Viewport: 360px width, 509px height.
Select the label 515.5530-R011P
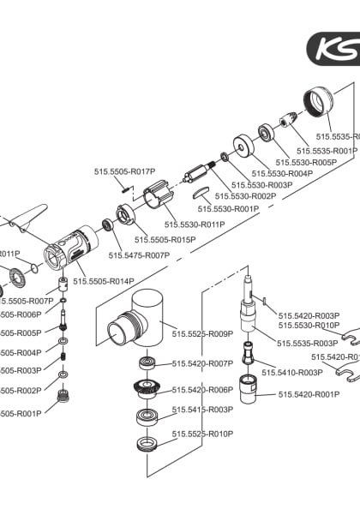pyautogui.click(x=195, y=225)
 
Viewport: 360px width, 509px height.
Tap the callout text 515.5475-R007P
pyautogui.click(x=139, y=255)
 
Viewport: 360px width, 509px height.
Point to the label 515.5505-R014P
pyautogui.click(x=104, y=281)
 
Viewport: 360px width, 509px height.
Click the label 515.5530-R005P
pyautogui.click(x=306, y=162)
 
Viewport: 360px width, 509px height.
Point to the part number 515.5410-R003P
pyautogui.click(x=292, y=373)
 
